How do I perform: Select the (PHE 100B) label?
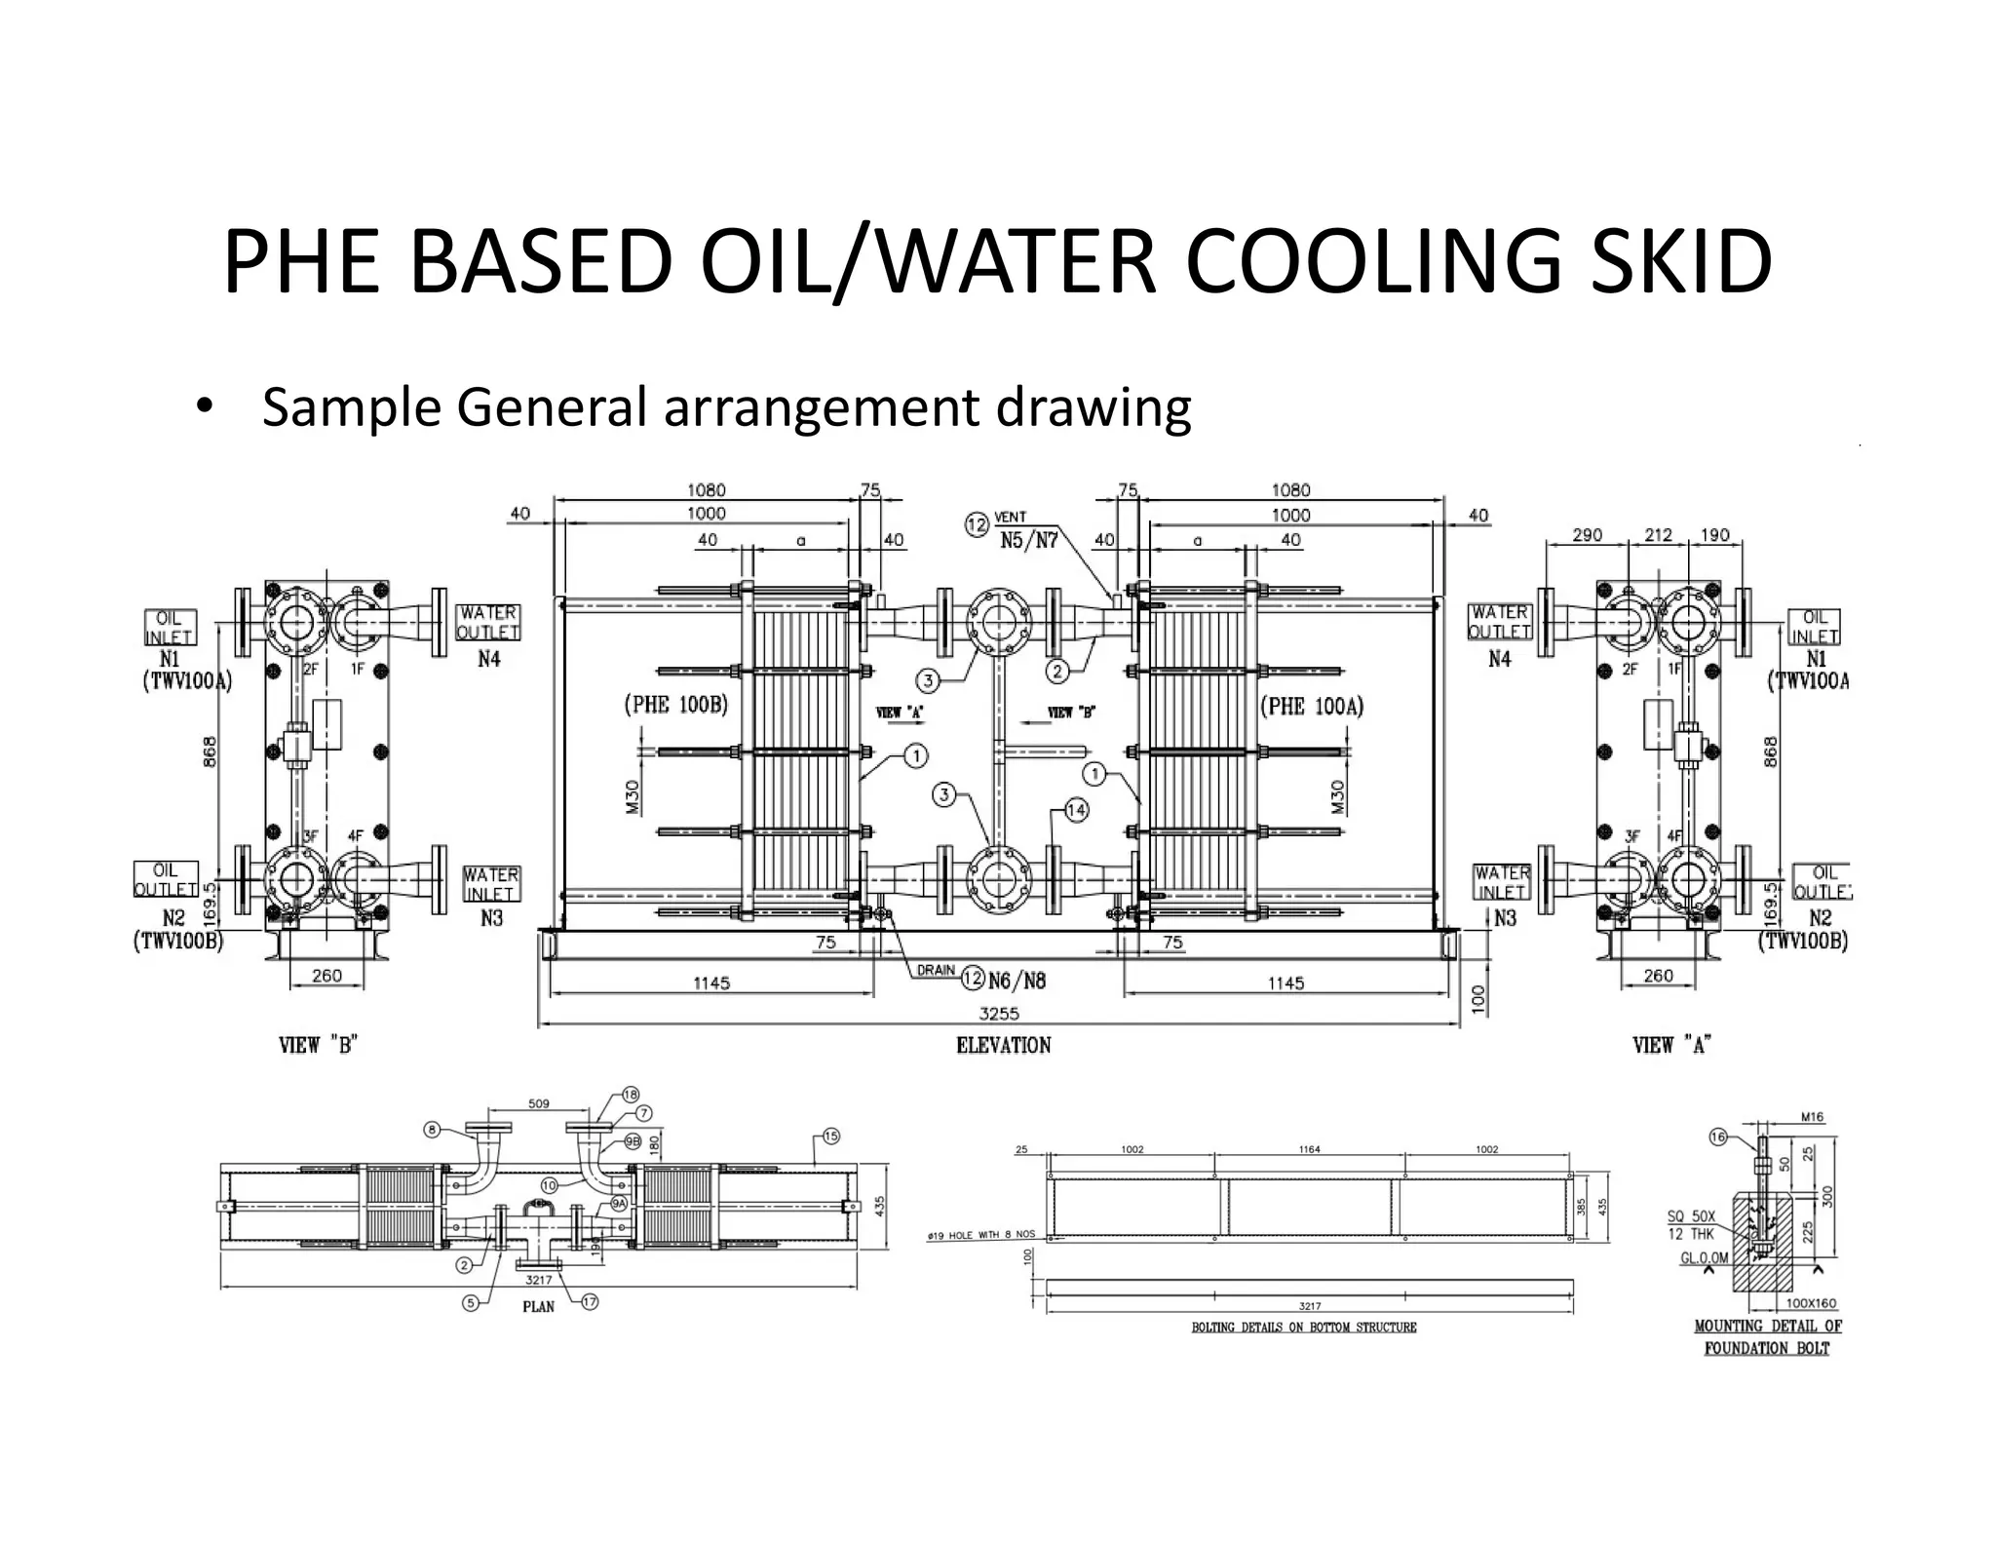click(675, 705)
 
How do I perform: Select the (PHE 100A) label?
click(1312, 706)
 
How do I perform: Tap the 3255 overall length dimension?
click(998, 1014)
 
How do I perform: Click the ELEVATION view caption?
click(1003, 1045)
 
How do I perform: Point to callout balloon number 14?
click(1075, 810)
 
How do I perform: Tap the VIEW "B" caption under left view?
click(319, 1045)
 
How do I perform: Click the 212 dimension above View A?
click(1658, 535)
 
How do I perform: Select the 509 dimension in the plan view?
click(538, 1103)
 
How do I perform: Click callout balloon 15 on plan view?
click(830, 1136)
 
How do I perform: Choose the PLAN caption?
click(538, 1306)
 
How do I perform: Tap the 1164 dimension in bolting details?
click(1309, 1150)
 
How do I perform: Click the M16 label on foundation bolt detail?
click(1813, 1117)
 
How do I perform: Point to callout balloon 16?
click(1718, 1137)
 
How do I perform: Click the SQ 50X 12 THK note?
click(1690, 1225)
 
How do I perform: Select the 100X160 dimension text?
click(1811, 1303)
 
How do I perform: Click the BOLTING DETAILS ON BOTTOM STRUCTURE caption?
click(1304, 1328)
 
